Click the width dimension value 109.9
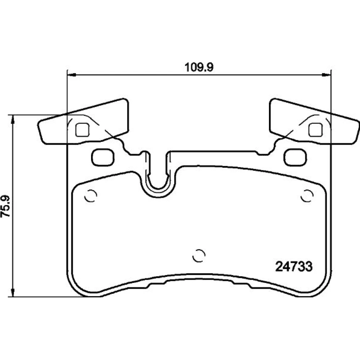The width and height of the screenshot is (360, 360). coord(199,67)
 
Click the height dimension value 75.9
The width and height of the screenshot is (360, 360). coord(5,206)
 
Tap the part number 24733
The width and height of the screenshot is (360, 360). coord(294,266)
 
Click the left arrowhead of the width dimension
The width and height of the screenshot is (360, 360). coord(72,75)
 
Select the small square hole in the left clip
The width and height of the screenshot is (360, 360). coord(82,130)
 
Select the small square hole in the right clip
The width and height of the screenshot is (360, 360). coord(315,130)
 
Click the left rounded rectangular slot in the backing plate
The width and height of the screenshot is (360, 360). coord(103,157)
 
